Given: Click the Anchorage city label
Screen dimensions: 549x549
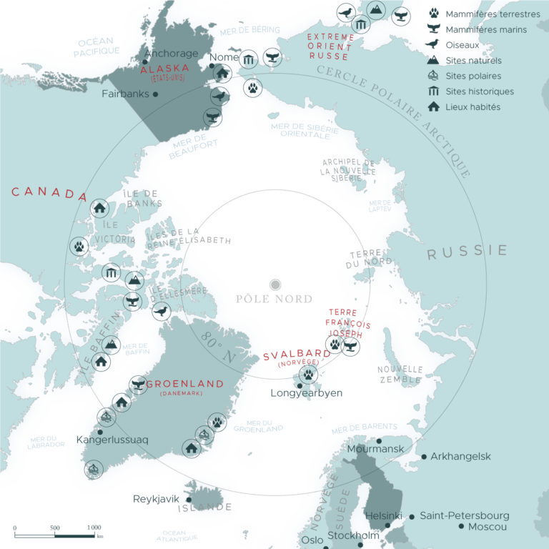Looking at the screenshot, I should click(171, 54).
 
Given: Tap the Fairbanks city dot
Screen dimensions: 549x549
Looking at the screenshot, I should click(155, 94).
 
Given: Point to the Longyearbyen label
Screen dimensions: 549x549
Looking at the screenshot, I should click(307, 393).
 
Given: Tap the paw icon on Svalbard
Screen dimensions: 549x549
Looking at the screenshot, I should click(308, 375).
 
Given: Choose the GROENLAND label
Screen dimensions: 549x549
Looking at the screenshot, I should click(184, 384).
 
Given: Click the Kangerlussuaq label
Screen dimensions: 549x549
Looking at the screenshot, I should click(112, 440).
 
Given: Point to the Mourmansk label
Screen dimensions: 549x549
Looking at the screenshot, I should click(375, 450).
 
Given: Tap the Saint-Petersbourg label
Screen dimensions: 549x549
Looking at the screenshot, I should click(465, 515).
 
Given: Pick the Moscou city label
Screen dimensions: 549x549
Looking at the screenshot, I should click(488, 527).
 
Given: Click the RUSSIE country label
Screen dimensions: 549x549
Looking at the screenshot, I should click(467, 251).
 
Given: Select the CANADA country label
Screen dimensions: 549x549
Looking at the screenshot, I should click(49, 194).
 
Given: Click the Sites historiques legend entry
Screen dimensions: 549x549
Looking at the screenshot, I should click(479, 91).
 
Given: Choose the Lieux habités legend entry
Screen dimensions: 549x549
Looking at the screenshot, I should click(473, 107).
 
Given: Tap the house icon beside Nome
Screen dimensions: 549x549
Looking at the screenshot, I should click(222, 73).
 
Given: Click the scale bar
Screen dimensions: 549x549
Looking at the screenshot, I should click(57, 535).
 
